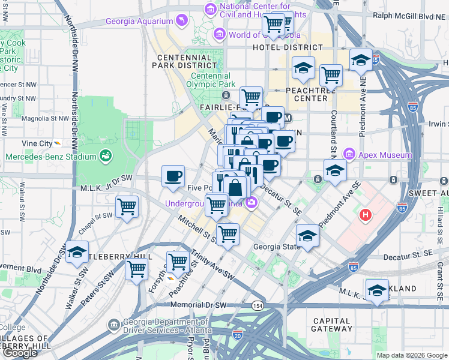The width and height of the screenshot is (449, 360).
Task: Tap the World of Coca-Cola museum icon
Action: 220,34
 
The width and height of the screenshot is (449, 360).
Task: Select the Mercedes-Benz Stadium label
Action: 51,157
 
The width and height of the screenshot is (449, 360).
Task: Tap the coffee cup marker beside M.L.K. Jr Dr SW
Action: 173,176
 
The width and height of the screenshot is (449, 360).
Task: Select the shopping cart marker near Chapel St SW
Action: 127,208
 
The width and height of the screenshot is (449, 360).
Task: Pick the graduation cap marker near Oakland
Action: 377,290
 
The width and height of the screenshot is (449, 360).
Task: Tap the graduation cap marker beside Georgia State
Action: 307,235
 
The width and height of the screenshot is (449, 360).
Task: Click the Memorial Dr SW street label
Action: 199,305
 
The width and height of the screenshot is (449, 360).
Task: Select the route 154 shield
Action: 258,305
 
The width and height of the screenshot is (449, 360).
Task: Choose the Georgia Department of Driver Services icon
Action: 114,325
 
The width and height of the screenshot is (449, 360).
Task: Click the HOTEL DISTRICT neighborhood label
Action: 287,47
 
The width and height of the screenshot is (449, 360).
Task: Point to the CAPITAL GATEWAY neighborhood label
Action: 332,324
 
